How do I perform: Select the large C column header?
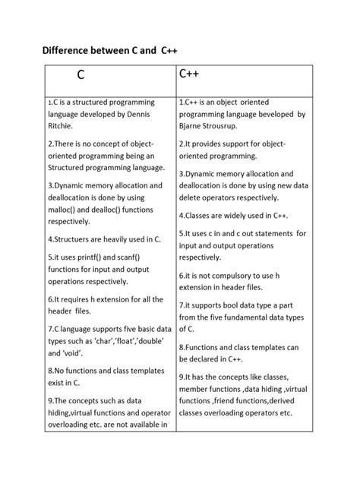(x=81, y=76)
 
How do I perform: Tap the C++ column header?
(x=190, y=74)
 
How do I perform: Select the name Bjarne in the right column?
(x=195, y=127)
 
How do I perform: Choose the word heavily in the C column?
(x=120, y=239)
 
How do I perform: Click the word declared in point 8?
(x=215, y=359)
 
